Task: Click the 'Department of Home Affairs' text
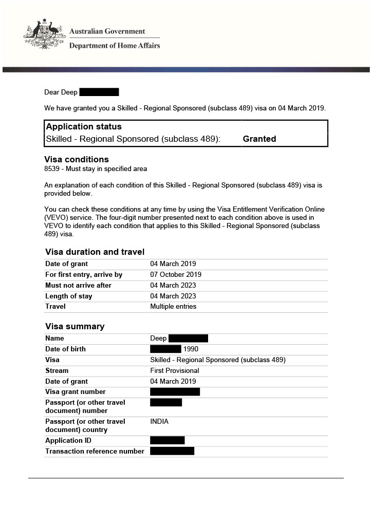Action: click(x=114, y=46)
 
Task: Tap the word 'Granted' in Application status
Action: click(x=259, y=139)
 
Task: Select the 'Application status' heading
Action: click(x=84, y=126)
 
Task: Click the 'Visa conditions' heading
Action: click(x=77, y=159)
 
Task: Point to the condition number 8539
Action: click(x=52, y=168)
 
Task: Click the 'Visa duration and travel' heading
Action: click(x=95, y=252)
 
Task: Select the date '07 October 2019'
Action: click(x=176, y=275)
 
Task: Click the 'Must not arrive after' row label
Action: click(x=78, y=285)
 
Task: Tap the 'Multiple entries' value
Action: click(x=173, y=307)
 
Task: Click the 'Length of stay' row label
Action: click(x=69, y=296)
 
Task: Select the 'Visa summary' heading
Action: click(x=75, y=326)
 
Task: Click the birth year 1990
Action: click(x=191, y=349)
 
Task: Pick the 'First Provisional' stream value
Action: click(x=175, y=370)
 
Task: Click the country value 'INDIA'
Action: click(x=159, y=422)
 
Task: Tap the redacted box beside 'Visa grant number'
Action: click(x=175, y=392)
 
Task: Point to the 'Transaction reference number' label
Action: click(x=95, y=452)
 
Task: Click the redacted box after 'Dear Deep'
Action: click(x=99, y=92)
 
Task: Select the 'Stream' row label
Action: click(x=57, y=370)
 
